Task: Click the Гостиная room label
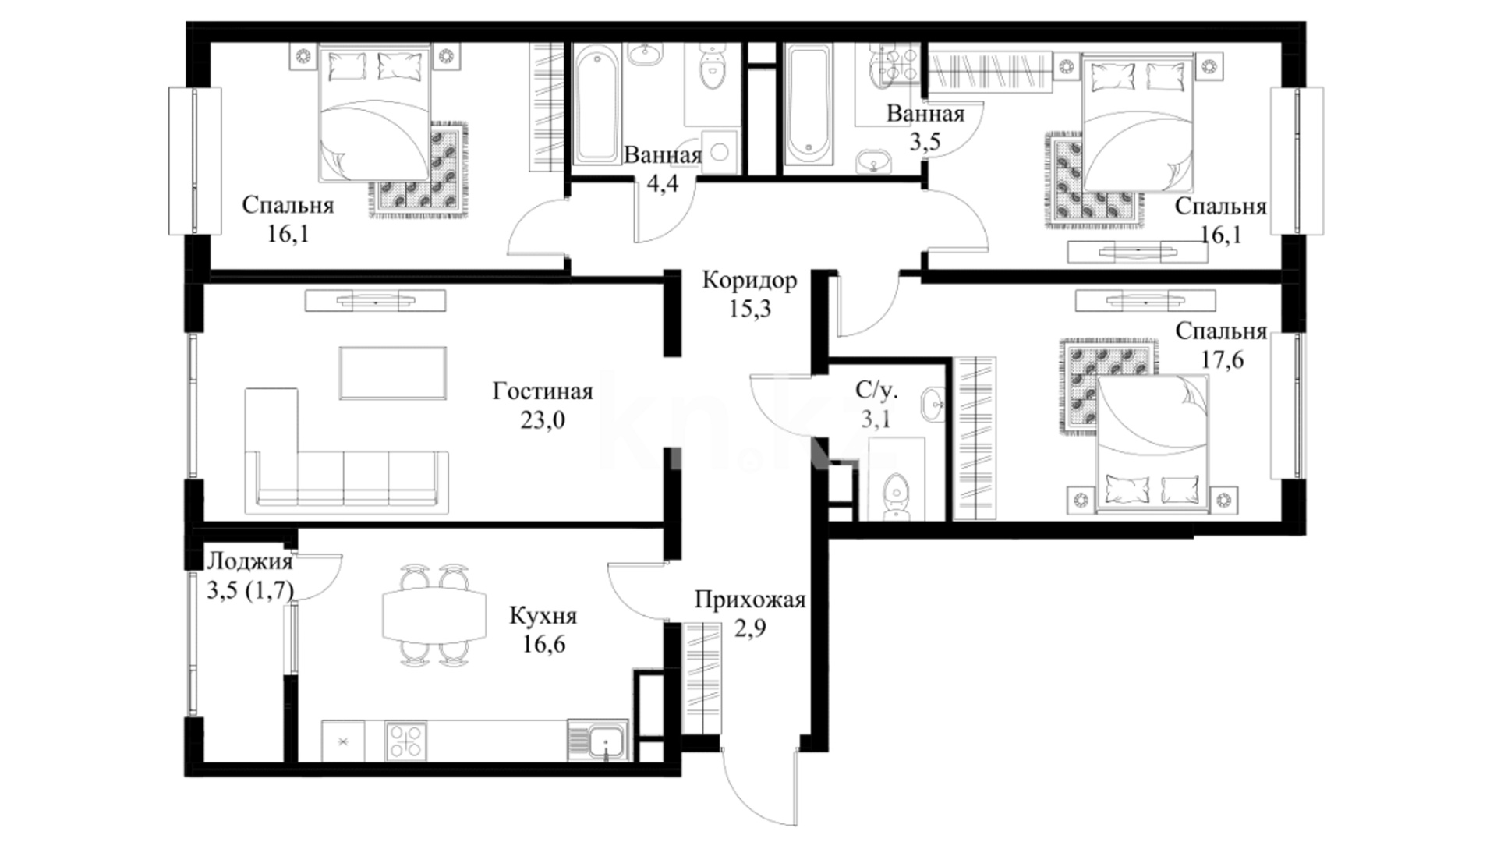pos(543,391)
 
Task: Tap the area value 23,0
pos(543,420)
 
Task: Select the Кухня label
pos(543,616)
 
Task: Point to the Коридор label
pos(749,280)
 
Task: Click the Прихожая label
pos(749,600)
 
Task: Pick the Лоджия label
pos(249,561)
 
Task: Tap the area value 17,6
pos(1221,360)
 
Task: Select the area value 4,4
pos(663,184)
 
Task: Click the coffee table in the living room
pos(393,373)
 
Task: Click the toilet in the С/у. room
pos(895,494)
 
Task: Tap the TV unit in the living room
pos(375,300)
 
